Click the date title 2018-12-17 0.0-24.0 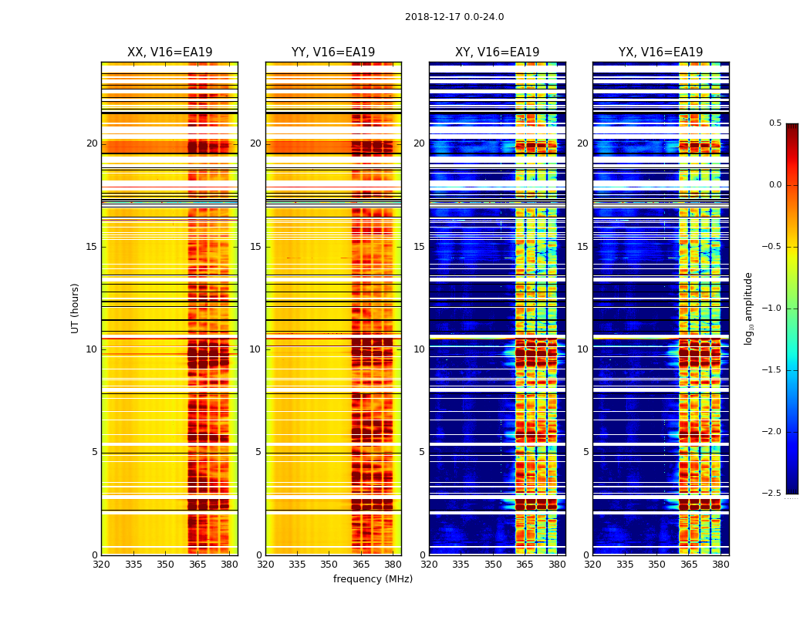[454, 17]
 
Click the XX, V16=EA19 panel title [170, 52]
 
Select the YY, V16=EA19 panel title [333, 52]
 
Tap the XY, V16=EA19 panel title [497, 52]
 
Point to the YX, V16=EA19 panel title [660, 52]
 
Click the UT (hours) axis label [76, 308]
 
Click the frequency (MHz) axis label [373, 579]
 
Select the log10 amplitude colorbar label [748, 308]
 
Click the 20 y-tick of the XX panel [92, 143]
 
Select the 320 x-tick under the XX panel [101, 565]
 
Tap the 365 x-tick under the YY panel [361, 565]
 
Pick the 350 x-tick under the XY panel [493, 565]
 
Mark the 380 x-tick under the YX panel [721, 565]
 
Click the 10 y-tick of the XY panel [420, 349]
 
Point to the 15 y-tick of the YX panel [583, 247]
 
